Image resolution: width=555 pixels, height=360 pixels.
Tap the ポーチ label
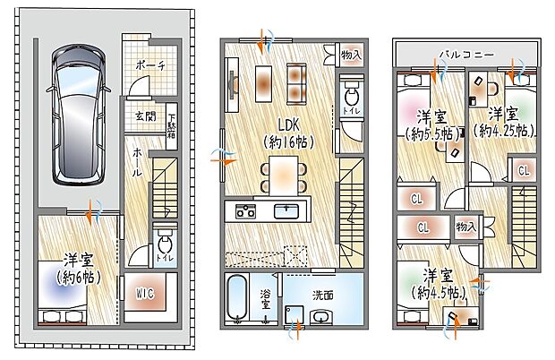(149, 66)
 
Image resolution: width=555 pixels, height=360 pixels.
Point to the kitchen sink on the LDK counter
(286, 211)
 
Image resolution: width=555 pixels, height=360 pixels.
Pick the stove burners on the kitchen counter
(245, 211)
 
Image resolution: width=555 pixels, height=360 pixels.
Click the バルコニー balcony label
(465, 55)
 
